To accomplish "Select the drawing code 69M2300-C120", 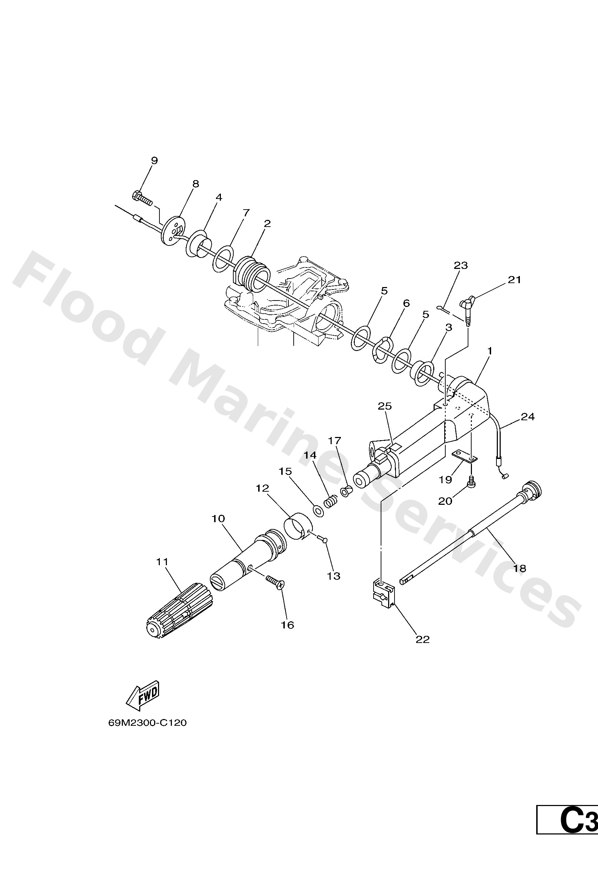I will [x=147, y=723].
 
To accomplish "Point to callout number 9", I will [x=154, y=160].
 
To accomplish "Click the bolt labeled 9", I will [x=142, y=197].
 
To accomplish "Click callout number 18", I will [x=520, y=568].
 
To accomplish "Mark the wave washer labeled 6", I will [x=382, y=348].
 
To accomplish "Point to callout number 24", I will [x=528, y=417].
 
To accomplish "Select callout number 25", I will [x=385, y=406].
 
